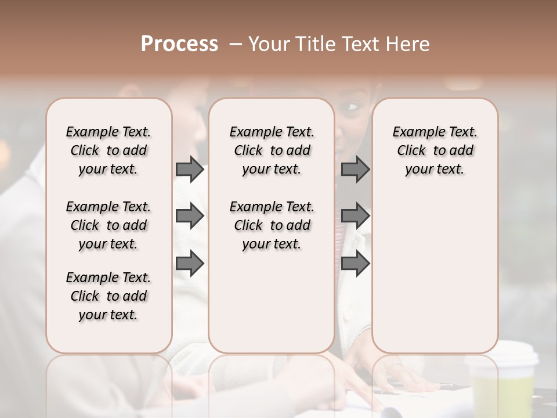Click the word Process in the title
(x=179, y=44)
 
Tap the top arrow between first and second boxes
(x=190, y=170)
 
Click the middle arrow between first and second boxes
(x=190, y=217)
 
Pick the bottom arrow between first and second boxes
(x=190, y=264)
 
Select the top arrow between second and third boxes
(x=355, y=170)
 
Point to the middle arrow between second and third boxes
(x=355, y=217)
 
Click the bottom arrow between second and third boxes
(x=355, y=264)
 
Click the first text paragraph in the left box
(x=108, y=150)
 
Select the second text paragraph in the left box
(x=108, y=225)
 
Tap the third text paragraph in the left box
(x=108, y=296)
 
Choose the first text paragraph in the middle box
(x=272, y=150)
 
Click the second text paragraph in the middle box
(x=272, y=225)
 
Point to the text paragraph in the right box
(x=435, y=150)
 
